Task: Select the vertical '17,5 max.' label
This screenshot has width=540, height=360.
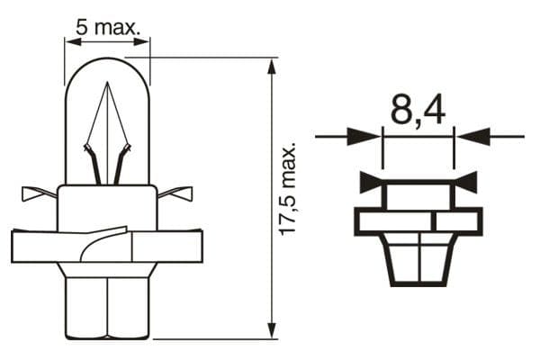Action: [x=287, y=189]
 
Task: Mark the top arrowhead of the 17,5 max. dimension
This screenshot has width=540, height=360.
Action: [x=271, y=65]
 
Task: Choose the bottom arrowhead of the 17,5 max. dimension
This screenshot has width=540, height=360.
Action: [x=271, y=333]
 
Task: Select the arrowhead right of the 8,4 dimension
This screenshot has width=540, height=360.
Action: [x=471, y=137]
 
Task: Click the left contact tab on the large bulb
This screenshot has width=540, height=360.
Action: [x=37, y=193]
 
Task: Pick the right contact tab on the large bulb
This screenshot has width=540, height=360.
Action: [x=176, y=193]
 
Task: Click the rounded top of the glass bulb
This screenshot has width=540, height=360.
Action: [x=107, y=63]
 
